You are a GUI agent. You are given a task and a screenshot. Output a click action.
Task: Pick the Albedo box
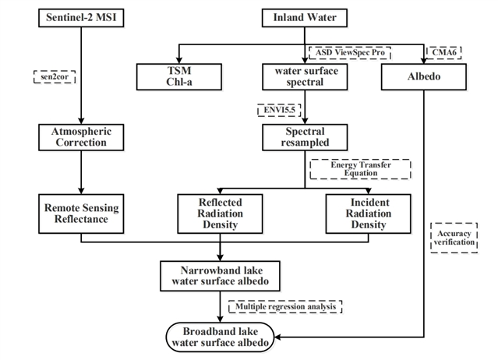pos(423,75)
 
